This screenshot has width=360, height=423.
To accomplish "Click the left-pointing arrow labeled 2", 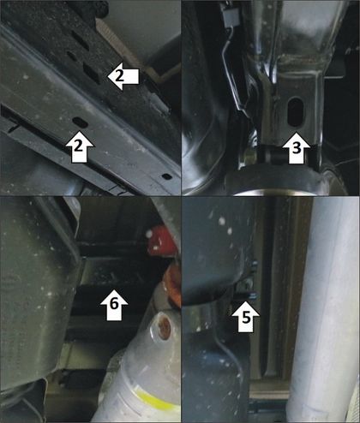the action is [x=123, y=77].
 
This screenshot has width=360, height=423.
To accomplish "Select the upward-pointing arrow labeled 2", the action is [x=80, y=146].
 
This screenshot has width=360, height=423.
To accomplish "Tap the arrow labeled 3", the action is [x=296, y=148].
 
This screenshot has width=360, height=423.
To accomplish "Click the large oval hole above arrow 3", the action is [x=296, y=112].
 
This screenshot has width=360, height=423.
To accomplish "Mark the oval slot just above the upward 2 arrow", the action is [x=80, y=122].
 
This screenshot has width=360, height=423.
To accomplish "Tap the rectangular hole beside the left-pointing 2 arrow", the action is [x=92, y=74].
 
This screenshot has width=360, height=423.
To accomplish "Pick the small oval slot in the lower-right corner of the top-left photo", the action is [x=167, y=176].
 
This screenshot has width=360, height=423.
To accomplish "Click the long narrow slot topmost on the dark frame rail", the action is [x=80, y=40].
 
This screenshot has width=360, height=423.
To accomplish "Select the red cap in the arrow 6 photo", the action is [x=162, y=241].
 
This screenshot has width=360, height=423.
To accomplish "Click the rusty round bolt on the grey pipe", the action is [x=164, y=329].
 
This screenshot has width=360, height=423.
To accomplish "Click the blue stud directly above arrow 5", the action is [x=254, y=296].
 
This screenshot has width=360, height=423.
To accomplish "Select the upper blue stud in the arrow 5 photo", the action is [x=255, y=264].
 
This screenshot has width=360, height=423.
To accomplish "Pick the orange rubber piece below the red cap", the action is [x=172, y=286].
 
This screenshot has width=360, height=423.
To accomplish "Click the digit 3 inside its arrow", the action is [x=297, y=149].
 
